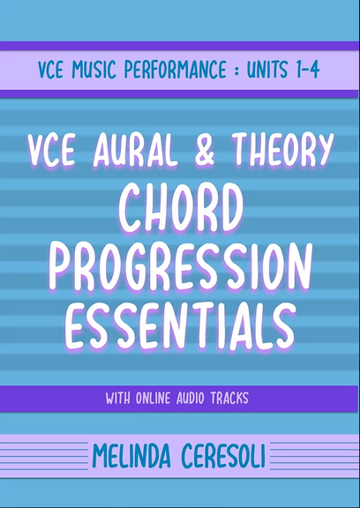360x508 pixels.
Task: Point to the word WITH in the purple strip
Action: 120,398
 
